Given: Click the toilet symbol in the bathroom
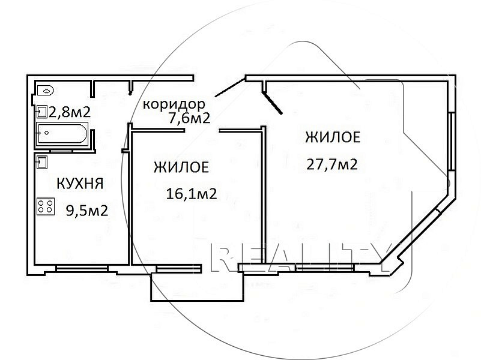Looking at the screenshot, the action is point(46,91).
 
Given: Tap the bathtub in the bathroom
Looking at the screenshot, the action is point(62,134).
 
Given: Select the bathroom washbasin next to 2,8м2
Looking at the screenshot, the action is point(42,112).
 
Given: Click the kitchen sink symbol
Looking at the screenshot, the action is point(42,162).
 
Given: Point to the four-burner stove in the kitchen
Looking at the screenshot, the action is point(46,206).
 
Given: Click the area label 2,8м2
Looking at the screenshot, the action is point(70,112).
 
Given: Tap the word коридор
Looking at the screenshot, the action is point(174,105).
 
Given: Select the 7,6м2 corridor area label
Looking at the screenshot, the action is point(190,118).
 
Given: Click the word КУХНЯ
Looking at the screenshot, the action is point(80,184).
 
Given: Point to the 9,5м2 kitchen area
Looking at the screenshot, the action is point(87,211).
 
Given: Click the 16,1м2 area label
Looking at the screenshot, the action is point(192,194).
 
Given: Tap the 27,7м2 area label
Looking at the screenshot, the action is point(332,164).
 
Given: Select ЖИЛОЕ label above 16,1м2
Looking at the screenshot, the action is point(181,167).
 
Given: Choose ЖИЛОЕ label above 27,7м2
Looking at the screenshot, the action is point(333,137).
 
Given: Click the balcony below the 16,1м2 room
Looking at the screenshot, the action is point(197,287).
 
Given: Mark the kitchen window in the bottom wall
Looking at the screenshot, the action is point(82,269).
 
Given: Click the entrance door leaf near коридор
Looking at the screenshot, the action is point(231,88).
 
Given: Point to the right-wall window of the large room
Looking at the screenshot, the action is point(451,142).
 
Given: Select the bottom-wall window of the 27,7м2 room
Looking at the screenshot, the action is point(325,268).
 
